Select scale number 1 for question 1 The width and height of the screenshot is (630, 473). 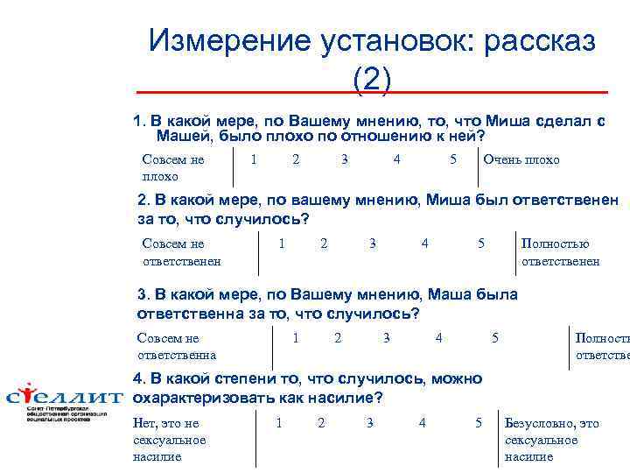point(253,159)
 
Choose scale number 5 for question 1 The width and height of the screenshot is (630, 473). point(452,159)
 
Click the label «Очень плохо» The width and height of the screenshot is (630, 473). point(521,159)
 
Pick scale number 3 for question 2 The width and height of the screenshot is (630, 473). point(372,243)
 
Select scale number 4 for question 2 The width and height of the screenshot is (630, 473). point(424,243)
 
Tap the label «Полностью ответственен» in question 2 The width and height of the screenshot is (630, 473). point(560,252)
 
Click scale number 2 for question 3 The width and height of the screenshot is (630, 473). point(338,337)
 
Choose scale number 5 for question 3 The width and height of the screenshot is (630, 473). point(495,337)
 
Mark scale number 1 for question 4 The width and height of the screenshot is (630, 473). point(278,423)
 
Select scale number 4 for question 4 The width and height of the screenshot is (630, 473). point(423,423)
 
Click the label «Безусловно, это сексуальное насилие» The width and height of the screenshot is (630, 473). point(552,440)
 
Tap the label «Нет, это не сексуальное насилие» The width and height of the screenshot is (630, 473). point(169,440)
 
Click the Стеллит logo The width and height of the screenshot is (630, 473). point(65,401)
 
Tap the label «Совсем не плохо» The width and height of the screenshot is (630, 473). point(172,167)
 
